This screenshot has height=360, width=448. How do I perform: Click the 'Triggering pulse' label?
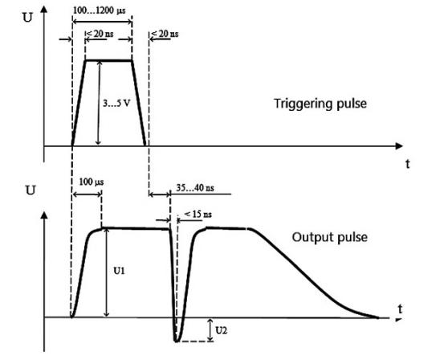(x=320, y=104)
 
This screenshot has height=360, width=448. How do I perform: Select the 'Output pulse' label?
(x=330, y=238)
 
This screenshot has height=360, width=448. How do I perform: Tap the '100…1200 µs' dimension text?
(x=99, y=10)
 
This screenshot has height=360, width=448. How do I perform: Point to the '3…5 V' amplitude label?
(x=116, y=103)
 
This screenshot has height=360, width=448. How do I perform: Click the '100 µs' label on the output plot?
(x=92, y=182)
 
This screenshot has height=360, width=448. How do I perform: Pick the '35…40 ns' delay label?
(x=195, y=188)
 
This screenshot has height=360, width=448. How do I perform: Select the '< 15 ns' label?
(x=198, y=214)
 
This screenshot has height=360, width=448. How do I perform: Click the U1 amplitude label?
(x=119, y=271)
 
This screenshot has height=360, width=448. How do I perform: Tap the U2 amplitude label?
(x=221, y=330)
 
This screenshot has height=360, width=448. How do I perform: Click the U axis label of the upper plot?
(x=27, y=18)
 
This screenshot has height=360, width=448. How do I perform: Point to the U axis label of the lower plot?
(x=31, y=190)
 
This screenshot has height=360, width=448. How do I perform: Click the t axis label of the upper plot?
(x=408, y=164)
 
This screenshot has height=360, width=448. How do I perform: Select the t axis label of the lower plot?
(x=401, y=309)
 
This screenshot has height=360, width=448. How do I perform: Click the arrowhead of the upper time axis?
(x=399, y=146)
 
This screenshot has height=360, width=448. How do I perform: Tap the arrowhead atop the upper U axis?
(x=43, y=10)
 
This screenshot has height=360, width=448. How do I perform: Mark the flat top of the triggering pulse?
(x=108, y=60)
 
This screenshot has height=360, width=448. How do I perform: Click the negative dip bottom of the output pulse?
(x=177, y=341)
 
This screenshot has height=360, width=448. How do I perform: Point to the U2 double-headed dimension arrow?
(x=210, y=329)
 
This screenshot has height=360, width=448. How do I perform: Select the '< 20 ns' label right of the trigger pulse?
(x=165, y=34)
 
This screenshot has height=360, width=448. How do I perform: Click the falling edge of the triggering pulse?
(x=139, y=103)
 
